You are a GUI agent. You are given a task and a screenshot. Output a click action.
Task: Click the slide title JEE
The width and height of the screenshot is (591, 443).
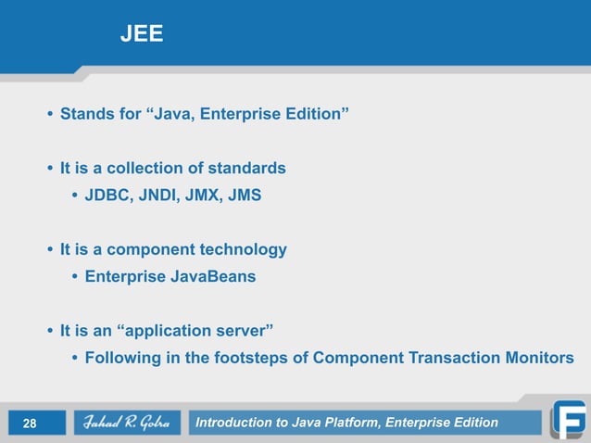click(x=141, y=35)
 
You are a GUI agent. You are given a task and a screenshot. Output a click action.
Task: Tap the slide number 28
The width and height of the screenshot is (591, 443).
click(x=30, y=424)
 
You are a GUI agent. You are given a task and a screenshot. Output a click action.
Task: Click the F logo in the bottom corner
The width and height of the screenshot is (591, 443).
click(x=567, y=418)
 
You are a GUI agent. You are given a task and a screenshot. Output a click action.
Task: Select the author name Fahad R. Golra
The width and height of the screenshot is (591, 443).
click(x=120, y=424)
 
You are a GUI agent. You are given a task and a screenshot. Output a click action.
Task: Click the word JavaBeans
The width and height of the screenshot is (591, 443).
click(x=212, y=277)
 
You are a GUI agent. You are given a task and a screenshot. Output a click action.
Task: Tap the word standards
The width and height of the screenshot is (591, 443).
click(x=248, y=169)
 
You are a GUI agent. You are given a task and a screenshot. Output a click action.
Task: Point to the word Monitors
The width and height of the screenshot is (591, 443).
click(x=537, y=358)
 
